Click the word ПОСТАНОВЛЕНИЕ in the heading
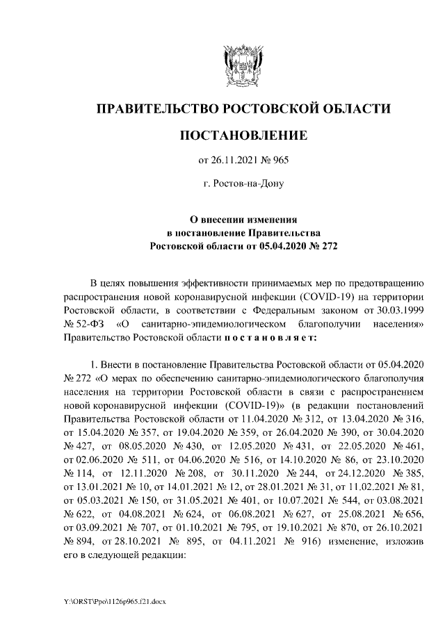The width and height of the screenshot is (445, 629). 243,134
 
